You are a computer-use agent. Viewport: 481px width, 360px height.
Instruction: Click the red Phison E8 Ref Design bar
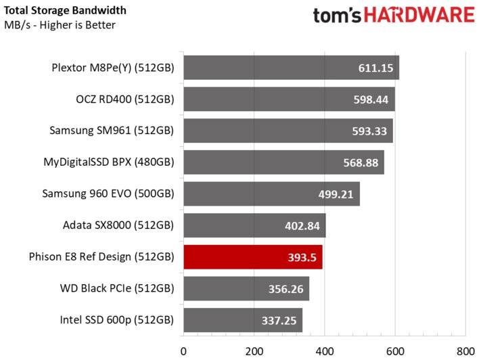(x=252, y=256)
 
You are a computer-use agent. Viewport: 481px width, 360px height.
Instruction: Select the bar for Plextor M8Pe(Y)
(x=291, y=68)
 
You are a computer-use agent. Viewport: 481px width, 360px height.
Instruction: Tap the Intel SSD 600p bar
(x=243, y=319)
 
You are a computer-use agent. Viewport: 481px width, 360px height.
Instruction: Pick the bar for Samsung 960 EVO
(x=271, y=194)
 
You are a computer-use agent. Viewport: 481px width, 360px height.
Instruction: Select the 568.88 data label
(x=361, y=163)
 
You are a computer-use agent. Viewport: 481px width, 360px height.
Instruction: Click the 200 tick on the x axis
(x=254, y=351)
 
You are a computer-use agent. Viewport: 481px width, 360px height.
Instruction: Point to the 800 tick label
(x=465, y=351)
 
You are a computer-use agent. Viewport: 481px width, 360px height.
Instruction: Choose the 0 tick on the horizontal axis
(x=183, y=351)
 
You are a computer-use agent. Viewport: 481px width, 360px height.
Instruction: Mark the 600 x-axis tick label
(x=395, y=351)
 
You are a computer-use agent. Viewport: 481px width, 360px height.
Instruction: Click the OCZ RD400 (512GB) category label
(x=125, y=99)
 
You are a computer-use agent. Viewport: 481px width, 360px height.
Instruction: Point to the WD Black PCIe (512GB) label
(x=117, y=288)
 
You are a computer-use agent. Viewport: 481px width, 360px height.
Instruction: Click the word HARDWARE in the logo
(x=416, y=16)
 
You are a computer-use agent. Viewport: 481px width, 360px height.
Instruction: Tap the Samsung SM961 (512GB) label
(x=112, y=131)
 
